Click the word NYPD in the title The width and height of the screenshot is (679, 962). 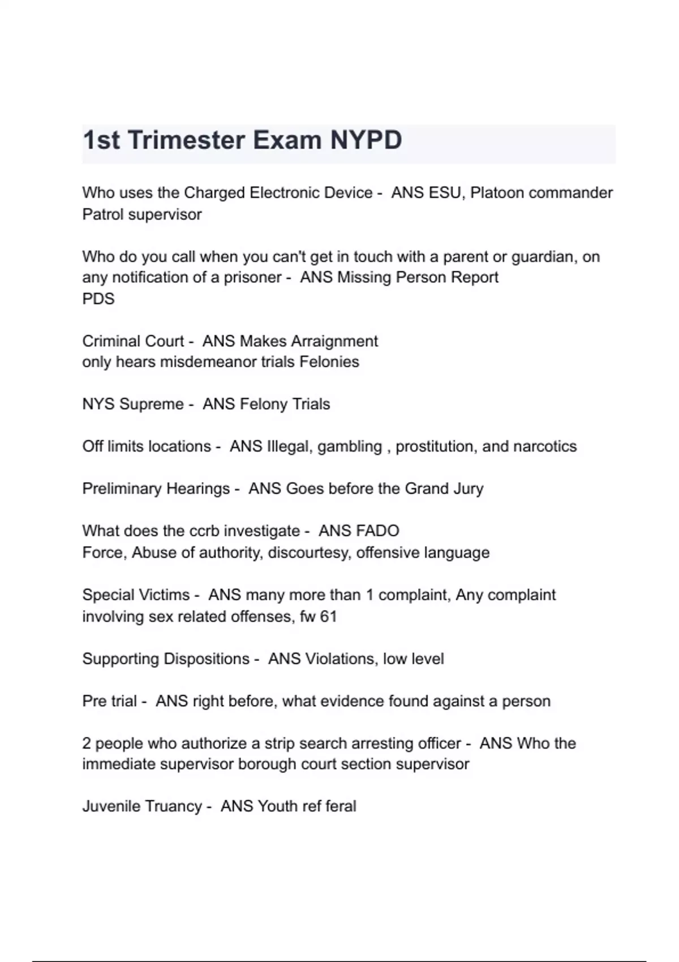366,140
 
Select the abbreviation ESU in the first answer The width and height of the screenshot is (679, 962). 445,193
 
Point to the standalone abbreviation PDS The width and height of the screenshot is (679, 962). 98,299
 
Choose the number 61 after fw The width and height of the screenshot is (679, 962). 328,617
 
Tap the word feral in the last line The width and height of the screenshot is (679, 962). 341,806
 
